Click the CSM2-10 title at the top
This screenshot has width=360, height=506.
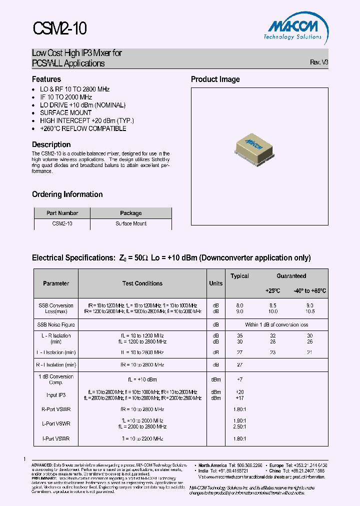click(x=59, y=28)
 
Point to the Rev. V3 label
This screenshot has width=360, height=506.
click(x=319, y=62)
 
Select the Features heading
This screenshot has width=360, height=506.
click(x=46, y=79)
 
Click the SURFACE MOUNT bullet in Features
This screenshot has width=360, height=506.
click(x=65, y=112)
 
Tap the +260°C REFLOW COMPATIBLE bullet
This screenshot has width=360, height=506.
click(x=83, y=128)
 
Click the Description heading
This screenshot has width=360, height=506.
click(x=51, y=144)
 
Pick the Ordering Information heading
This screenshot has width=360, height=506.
click(x=67, y=194)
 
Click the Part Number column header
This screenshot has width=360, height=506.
click(x=62, y=213)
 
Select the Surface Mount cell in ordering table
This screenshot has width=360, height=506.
click(x=131, y=223)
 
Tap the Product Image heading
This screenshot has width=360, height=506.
click(x=215, y=79)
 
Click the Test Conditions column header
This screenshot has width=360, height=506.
click(x=142, y=283)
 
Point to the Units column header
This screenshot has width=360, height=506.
click(x=215, y=283)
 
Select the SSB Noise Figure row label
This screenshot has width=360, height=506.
click(x=56, y=324)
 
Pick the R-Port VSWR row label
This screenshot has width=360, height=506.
click(x=56, y=408)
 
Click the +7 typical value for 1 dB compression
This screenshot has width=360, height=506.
click(x=239, y=380)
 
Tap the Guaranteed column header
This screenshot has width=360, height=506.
click(x=291, y=276)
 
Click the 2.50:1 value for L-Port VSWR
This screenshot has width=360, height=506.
click(x=239, y=426)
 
